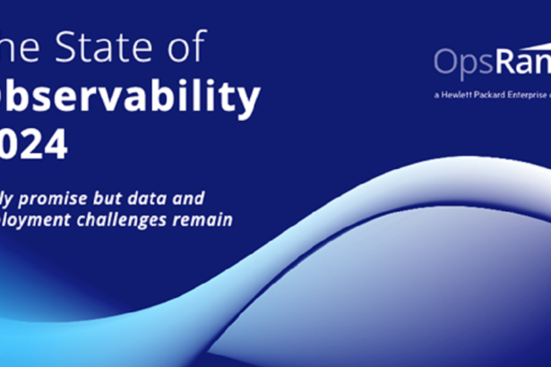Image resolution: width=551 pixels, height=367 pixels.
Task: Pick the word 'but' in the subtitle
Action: tap(125, 196)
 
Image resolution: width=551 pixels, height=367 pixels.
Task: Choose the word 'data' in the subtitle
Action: tap(166, 196)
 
